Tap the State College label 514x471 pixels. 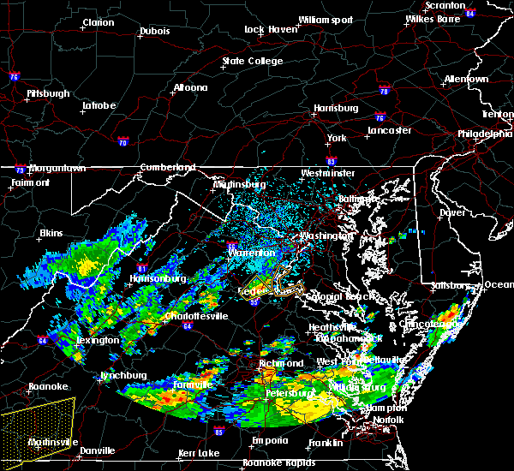coord(252,62)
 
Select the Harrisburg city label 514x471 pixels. coord(336,109)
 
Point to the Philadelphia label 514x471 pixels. coord(485,134)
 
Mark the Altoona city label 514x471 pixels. coord(190,87)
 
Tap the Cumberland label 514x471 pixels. coord(168,167)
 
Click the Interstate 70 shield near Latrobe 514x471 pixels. coord(123,141)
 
